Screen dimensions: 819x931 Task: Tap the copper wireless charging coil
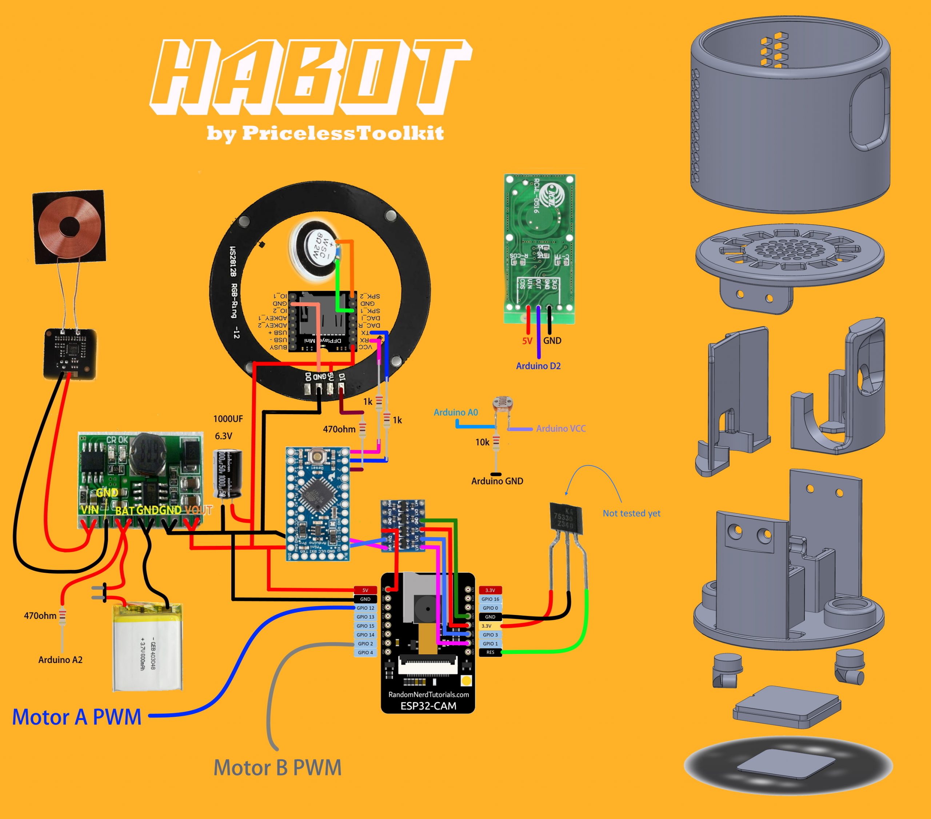click(68, 226)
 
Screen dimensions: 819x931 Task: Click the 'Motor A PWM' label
click(76, 718)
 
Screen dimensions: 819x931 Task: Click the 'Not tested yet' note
click(631, 514)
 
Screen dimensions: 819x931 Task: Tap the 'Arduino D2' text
click(538, 366)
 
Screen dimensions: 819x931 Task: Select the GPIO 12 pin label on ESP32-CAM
click(365, 608)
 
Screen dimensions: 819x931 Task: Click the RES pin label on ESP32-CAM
click(490, 652)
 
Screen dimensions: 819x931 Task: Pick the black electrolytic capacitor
click(227, 474)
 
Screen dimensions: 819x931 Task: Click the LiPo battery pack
click(148, 647)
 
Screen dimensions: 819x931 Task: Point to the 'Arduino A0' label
click(455, 412)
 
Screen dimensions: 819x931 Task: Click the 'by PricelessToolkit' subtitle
click(325, 133)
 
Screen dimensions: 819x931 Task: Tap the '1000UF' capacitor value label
click(228, 419)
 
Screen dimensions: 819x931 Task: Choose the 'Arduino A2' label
click(61, 660)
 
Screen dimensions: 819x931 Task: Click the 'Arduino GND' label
click(497, 481)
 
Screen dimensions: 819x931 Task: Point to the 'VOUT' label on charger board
click(199, 510)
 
